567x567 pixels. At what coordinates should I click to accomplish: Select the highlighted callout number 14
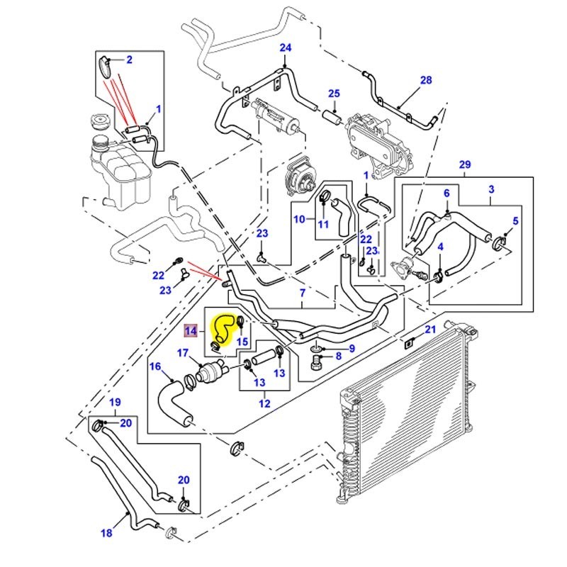(x=191, y=330)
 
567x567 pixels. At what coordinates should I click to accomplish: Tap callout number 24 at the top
(x=286, y=48)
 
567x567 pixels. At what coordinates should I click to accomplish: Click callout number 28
(x=426, y=81)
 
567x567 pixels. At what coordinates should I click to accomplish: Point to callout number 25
(x=334, y=94)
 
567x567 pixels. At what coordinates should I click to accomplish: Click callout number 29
(x=465, y=165)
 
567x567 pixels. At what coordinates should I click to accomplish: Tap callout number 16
(x=155, y=366)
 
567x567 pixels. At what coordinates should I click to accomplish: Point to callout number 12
(x=264, y=405)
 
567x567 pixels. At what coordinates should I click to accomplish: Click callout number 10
(x=299, y=219)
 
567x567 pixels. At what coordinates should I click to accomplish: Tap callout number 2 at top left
(x=129, y=60)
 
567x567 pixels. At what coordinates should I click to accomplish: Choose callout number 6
(x=447, y=193)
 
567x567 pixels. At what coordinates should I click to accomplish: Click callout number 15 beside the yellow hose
(x=242, y=342)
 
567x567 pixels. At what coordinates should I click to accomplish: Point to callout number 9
(x=351, y=348)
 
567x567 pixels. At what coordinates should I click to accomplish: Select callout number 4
(x=440, y=247)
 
